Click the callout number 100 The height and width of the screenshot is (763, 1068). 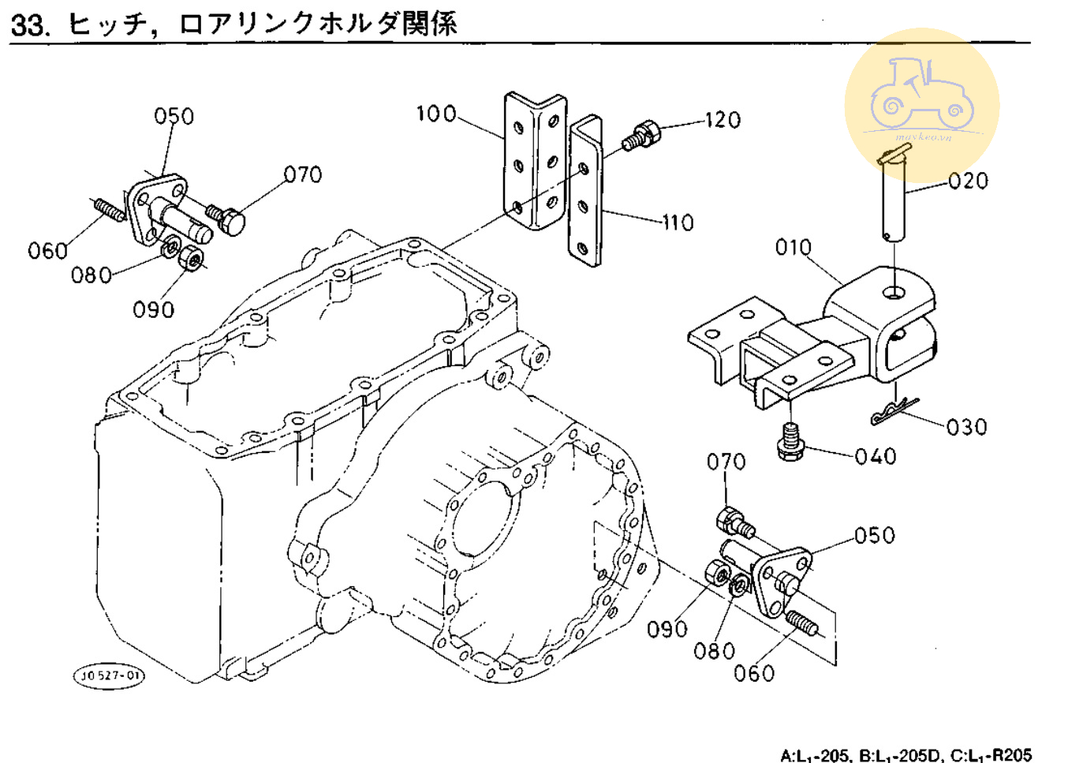[x=436, y=114]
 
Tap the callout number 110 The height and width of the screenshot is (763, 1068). [x=678, y=223]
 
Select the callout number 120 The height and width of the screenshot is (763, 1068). [x=723, y=120]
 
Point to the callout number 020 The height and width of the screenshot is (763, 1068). [x=968, y=181]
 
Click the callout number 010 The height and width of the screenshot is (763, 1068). [x=793, y=248]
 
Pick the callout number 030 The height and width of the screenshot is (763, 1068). [x=966, y=428]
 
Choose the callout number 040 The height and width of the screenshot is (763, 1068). [x=876, y=457]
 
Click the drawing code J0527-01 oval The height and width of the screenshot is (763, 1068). [x=110, y=675]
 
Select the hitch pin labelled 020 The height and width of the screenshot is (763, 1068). [x=895, y=197]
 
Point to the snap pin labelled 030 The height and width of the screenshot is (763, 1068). [x=894, y=411]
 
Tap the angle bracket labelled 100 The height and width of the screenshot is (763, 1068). [x=536, y=162]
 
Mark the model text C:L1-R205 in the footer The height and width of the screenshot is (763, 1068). [x=991, y=755]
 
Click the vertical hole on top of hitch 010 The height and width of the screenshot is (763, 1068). [x=894, y=293]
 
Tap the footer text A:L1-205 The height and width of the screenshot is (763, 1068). [x=815, y=755]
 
